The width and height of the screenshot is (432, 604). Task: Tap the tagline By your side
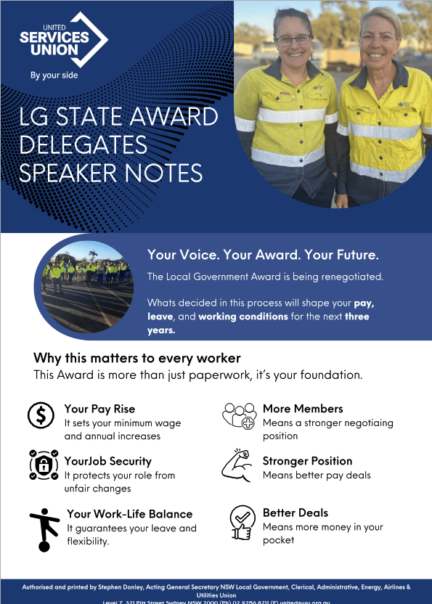point(54,75)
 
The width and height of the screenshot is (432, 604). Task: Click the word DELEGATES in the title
point(83,144)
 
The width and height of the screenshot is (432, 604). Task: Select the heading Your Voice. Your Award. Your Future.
point(263,255)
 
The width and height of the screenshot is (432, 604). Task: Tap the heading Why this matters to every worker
point(137,358)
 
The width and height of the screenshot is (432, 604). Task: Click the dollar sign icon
point(41,415)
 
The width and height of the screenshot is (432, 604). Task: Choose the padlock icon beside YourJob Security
point(44,464)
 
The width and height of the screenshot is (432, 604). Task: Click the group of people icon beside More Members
point(239,416)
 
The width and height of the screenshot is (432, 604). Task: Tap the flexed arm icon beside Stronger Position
point(239,465)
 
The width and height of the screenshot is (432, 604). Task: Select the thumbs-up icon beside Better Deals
point(240,522)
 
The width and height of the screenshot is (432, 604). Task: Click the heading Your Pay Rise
point(99,409)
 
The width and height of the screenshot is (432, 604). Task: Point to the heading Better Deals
point(296,513)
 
